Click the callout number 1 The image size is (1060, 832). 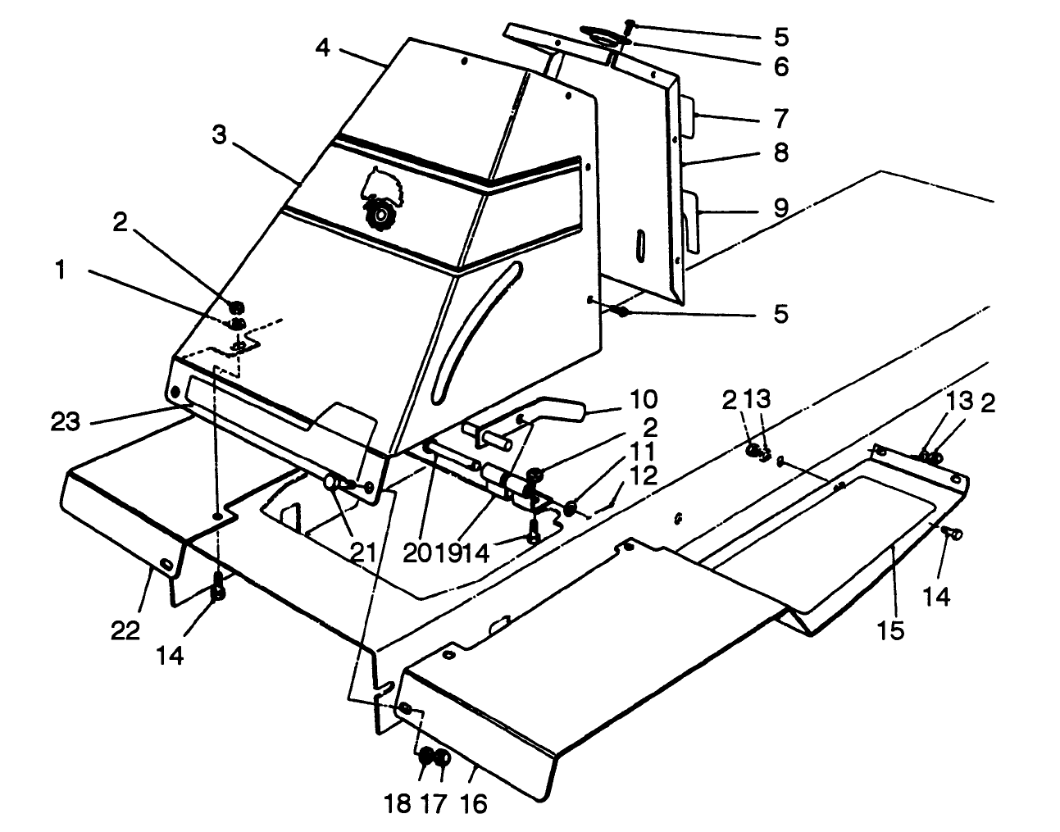point(60,271)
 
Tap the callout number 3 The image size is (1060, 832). point(219,136)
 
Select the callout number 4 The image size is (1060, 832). point(323,48)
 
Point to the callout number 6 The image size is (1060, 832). point(780,66)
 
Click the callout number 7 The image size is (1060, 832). point(780,120)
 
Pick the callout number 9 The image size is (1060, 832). point(780,207)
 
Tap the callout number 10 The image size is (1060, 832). point(644,400)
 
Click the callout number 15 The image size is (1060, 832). point(891,630)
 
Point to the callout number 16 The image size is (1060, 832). point(474,804)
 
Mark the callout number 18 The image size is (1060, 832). point(398,804)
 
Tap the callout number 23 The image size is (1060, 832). point(66,422)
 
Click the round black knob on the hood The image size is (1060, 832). point(380,215)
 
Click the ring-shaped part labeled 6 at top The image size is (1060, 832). point(605,34)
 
